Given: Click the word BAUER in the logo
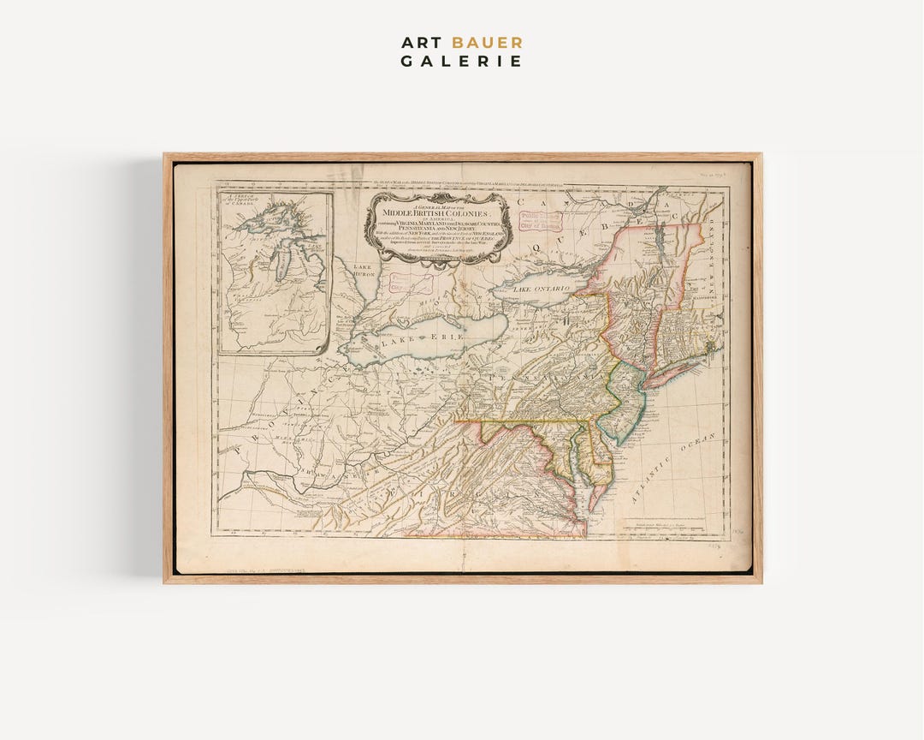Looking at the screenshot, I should tap(487, 42).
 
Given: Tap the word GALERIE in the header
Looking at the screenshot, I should tap(462, 61).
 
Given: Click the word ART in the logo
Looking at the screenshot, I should tap(423, 42).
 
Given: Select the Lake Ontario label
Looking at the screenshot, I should tap(540, 290).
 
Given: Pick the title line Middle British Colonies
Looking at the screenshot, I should tap(436, 212).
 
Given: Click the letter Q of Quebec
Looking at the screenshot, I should tap(536, 247).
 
